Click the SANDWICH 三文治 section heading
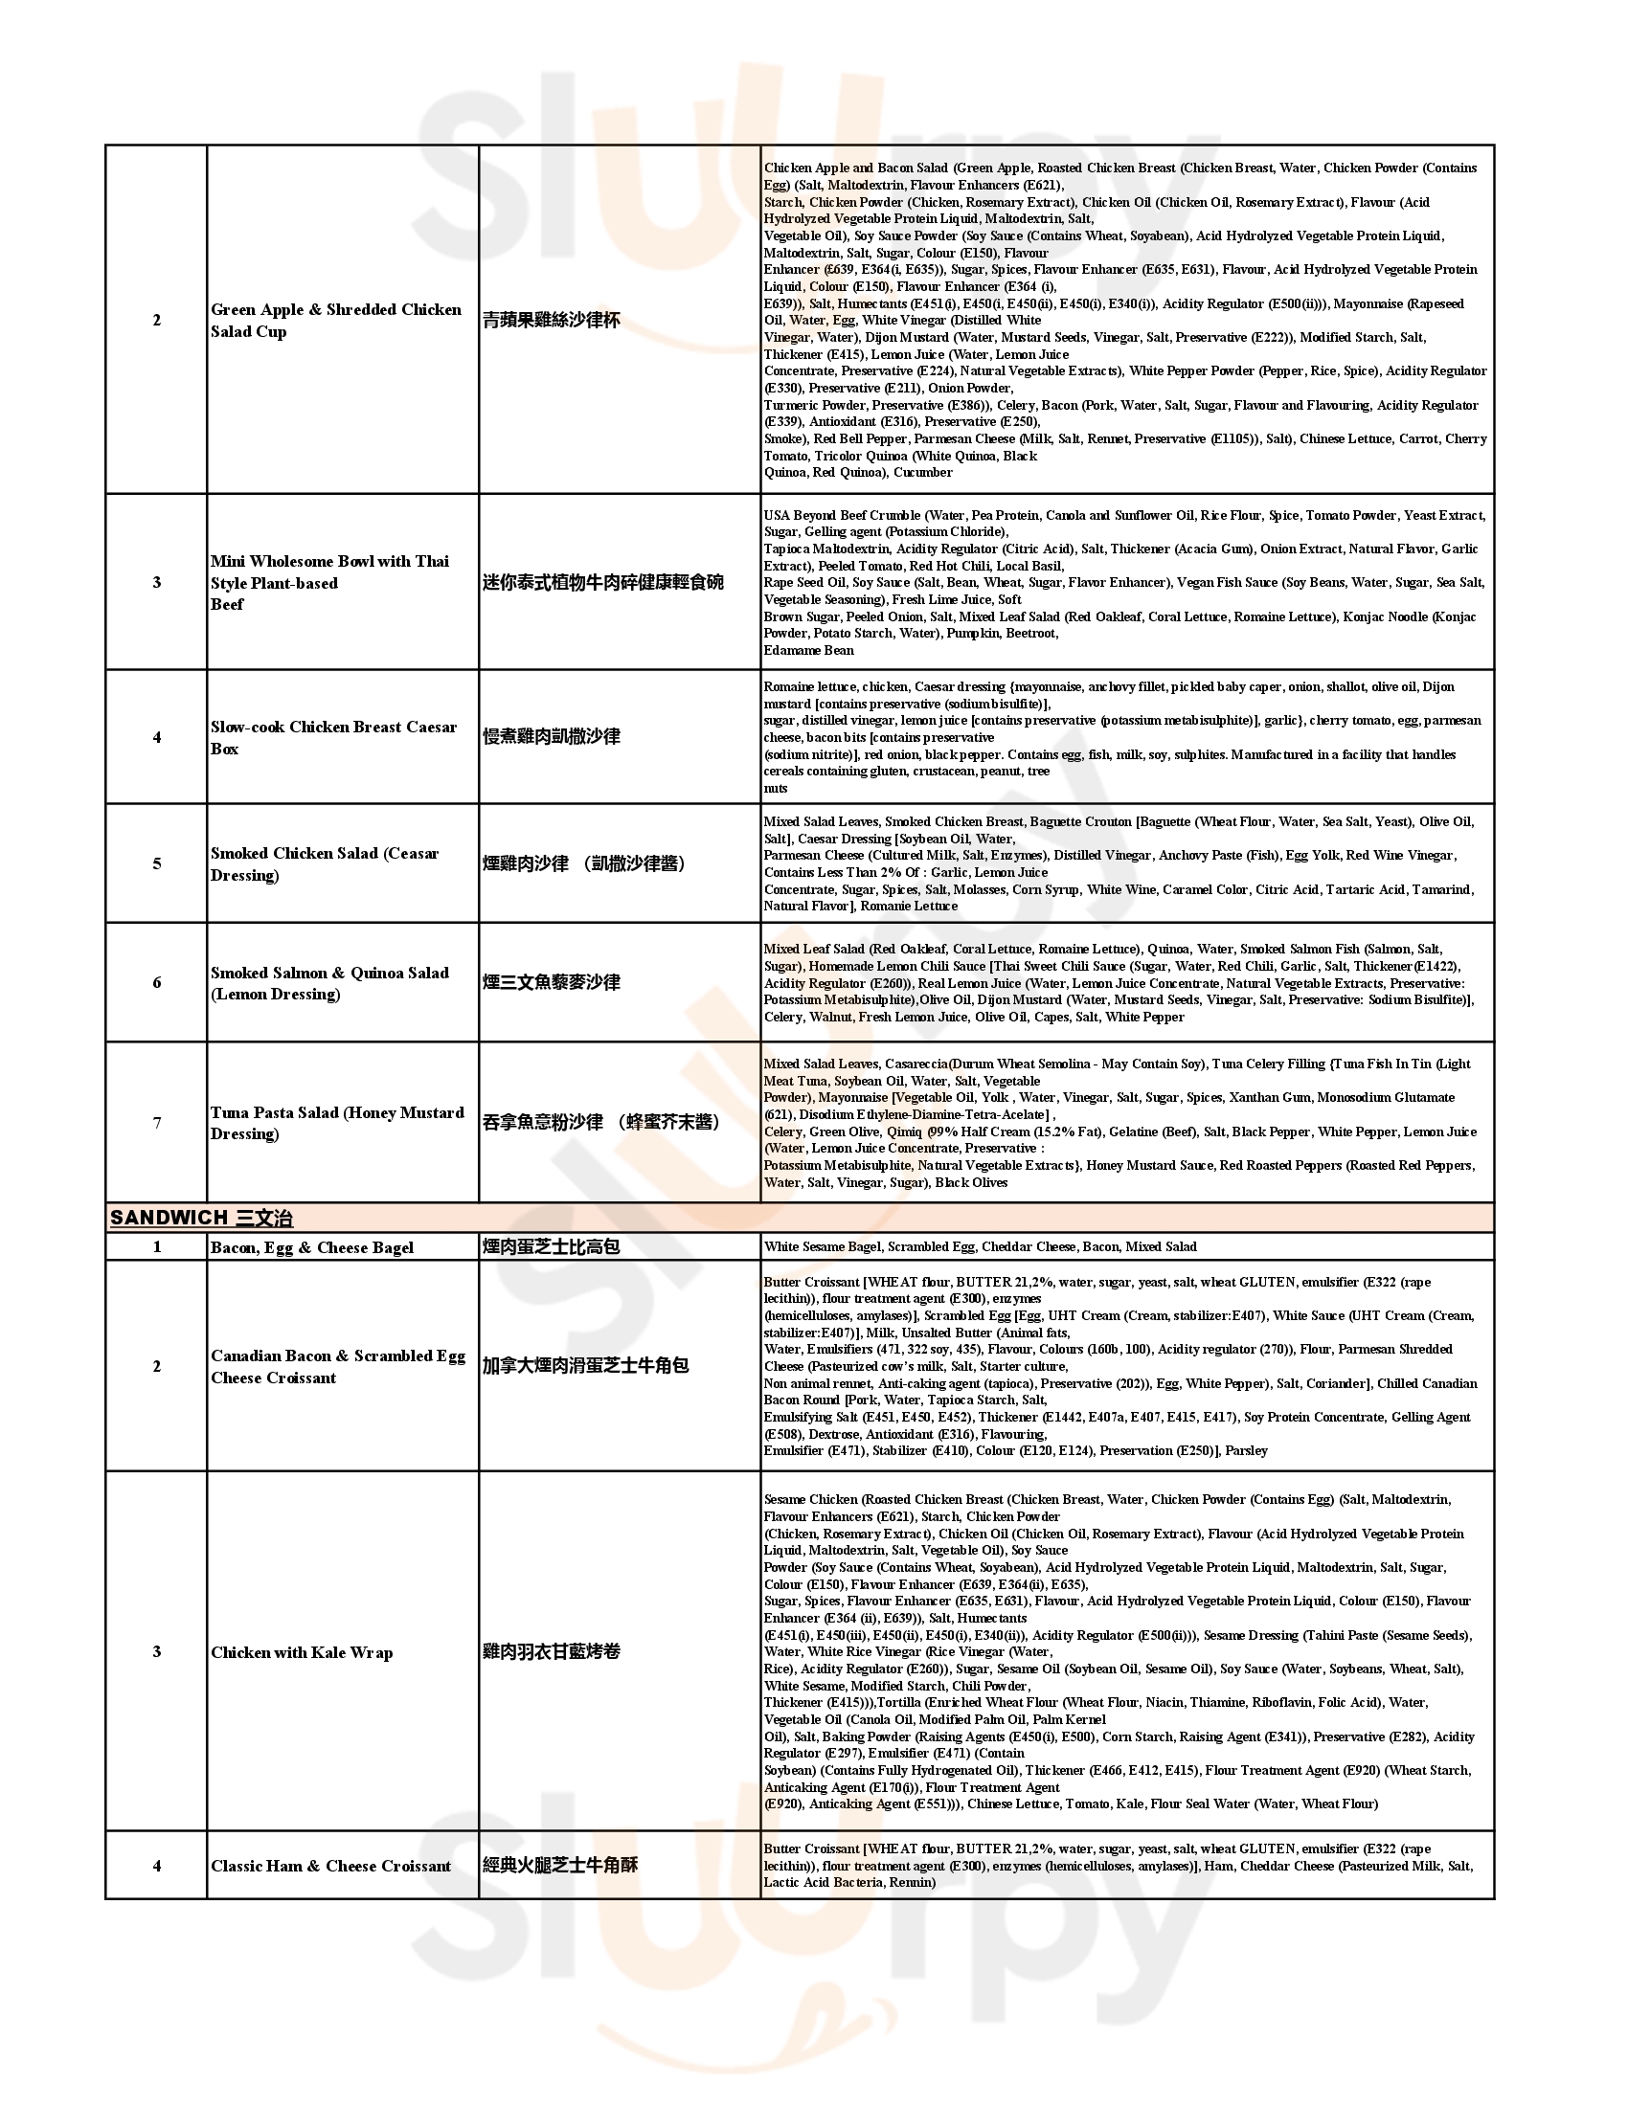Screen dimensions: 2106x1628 200,1217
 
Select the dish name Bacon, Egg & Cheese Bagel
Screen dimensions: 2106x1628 311,1247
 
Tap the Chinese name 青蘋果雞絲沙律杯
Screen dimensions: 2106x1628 551,320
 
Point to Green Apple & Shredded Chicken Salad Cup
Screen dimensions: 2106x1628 335,320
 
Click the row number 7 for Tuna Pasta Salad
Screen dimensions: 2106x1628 156,1123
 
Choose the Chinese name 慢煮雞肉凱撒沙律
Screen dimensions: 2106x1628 551,737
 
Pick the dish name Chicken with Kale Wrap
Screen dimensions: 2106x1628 302,1653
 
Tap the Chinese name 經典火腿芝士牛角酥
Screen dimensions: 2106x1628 560,1865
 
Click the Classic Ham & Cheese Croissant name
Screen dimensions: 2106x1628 330,1866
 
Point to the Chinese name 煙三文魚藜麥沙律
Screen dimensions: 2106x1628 551,982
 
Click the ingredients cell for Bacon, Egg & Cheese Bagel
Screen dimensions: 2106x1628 980,1246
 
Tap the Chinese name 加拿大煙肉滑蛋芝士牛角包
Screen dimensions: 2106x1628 585,1365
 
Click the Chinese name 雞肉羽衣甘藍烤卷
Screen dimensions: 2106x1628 551,1652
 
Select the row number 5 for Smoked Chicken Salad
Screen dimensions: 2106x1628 156,863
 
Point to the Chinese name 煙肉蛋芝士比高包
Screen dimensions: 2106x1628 551,1246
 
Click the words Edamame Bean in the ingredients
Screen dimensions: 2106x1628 808,651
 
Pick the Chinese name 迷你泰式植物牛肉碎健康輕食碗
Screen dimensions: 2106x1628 602,582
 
